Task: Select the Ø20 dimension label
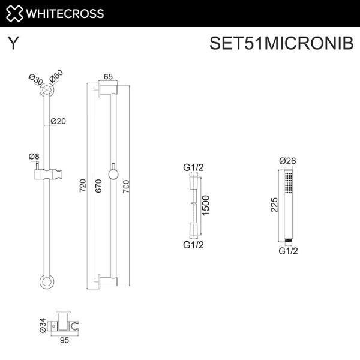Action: click(x=58, y=121)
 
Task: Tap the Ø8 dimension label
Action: click(x=34, y=157)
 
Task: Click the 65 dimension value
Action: click(x=109, y=77)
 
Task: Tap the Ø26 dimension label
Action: click(x=289, y=161)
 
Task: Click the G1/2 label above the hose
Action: click(x=193, y=167)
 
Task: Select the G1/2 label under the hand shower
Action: click(x=289, y=251)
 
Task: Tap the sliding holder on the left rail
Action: click(x=47, y=175)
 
